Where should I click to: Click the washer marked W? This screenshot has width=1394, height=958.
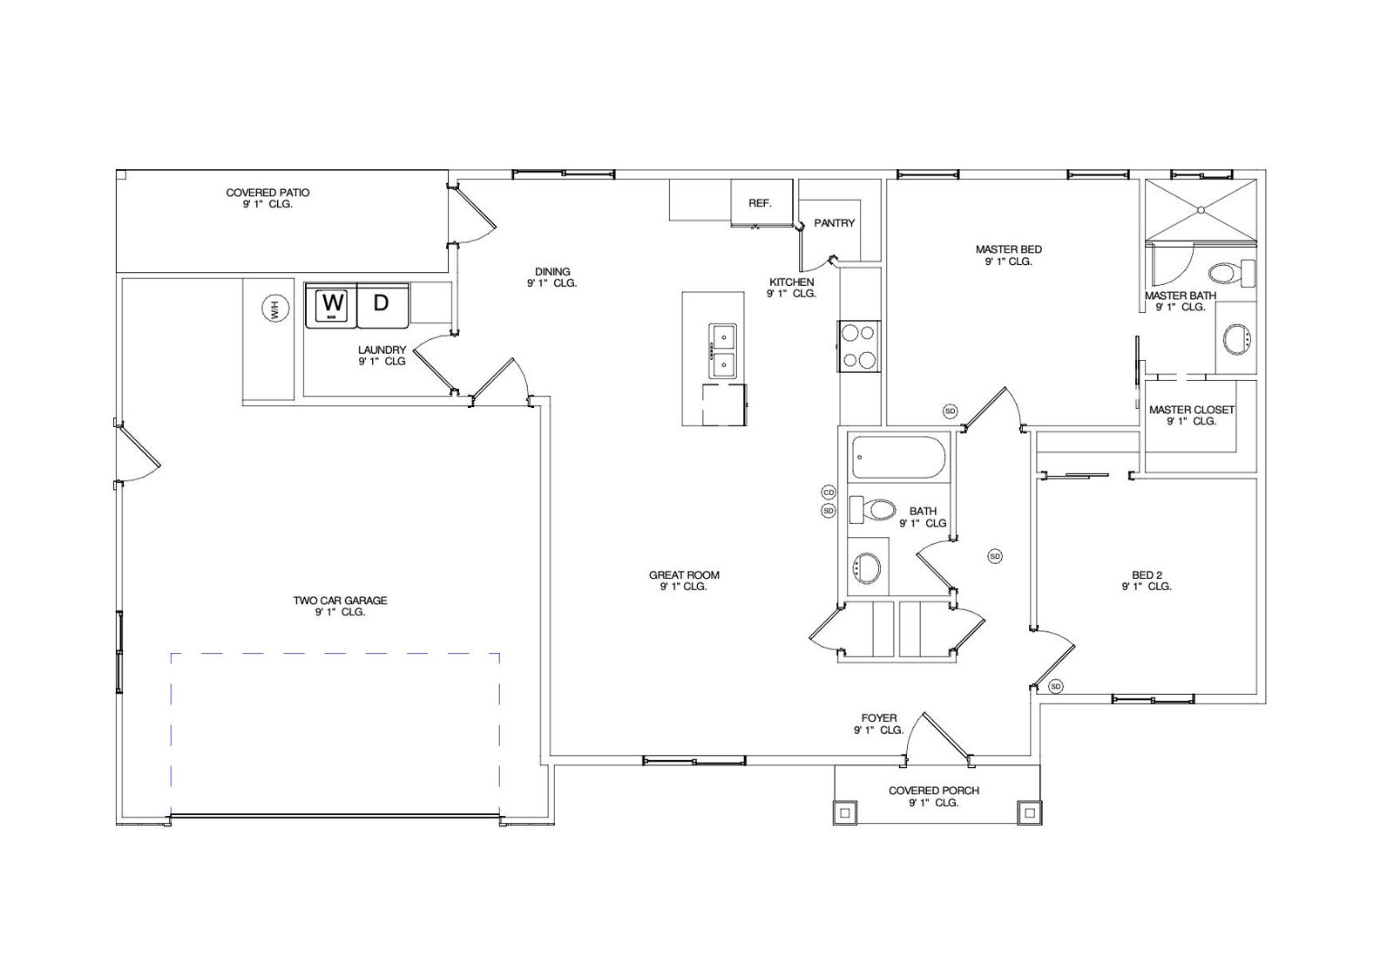pyautogui.click(x=331, y=304)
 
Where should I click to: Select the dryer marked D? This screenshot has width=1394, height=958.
pyautogui.click(x=382, y=304)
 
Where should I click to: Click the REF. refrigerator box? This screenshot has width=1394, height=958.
pyautogui.click(x=761, y=202)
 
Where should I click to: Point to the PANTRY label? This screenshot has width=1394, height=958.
pyautogui.click(x=834, y=223)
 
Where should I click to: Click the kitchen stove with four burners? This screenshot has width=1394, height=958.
pyautogui.click(x=859, y=346)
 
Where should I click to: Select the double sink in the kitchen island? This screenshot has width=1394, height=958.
pyautogui.click(x=722, y=351)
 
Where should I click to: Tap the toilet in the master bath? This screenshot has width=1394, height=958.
pyautogui.click(x=1232, y=273)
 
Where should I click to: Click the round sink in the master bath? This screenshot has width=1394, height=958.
pyautogui.click(x=1237, y=339)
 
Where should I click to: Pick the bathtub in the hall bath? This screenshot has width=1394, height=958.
pyautogui.click(x=898, y=458)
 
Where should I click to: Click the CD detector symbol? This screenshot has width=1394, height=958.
pyautogui.click(x=829, y=493)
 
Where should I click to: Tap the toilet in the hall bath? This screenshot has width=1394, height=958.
pyautogui.click(x=872, y=509)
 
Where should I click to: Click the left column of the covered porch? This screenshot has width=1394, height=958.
pyautogui.click(x=845, y=812)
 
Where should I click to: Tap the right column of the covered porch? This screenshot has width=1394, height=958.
pyautogui.click(x=1029, y=812)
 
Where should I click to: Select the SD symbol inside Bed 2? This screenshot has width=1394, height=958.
pyautogui.click(x=1055, y=687)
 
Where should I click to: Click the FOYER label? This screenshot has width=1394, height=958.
pyautogui.click(x=879, y=717)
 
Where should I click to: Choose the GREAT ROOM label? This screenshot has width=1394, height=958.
pyautogui.click(x=684, y=575)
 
